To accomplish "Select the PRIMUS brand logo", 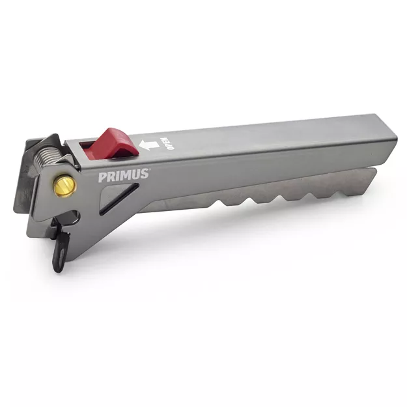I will click(x=124, y=175).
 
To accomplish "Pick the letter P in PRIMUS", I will click(x=102, y=176).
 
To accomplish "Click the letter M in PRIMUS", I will click(x=124, y=175).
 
